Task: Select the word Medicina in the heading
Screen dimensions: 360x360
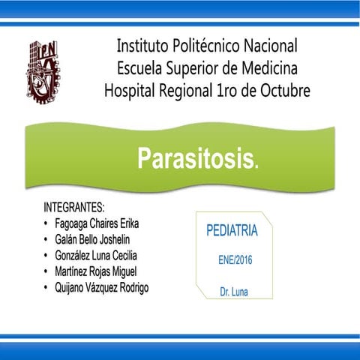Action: pos(266,68)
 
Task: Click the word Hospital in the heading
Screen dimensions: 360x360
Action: pos(133,91)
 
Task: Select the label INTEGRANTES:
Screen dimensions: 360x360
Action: pos(74,208)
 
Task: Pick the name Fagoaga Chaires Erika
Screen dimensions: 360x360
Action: pos(97,223)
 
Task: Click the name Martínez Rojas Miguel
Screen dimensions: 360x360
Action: pos(96,271)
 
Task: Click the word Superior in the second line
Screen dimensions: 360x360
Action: pos(198,68)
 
